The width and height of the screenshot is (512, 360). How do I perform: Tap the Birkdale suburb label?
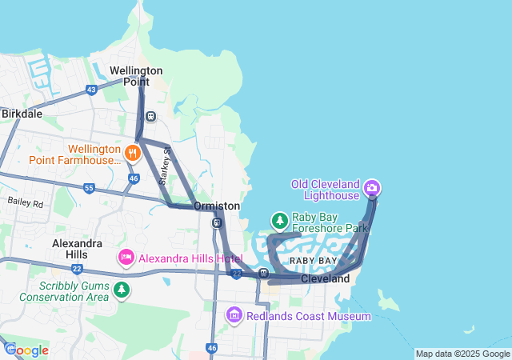click(x=22, y=114)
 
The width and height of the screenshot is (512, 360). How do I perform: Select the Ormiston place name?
click(x=216, y=206)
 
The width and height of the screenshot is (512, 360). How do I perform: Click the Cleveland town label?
click(x=325, y=279)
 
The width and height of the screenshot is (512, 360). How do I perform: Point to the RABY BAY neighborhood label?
click(x=314, y=262)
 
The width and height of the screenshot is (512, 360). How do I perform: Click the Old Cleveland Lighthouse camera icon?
click(x=371, y=189)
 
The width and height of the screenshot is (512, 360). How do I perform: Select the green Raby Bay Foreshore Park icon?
click(x=279, y=219)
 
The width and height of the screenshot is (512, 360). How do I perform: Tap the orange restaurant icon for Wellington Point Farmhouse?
click(x=133, y=151)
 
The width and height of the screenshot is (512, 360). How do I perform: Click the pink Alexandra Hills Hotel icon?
click(x=126, y=258)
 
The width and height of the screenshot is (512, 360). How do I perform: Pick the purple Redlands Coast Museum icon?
click(x=234, y=316)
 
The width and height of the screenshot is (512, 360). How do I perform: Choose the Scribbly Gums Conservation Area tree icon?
click(x=121, y=290)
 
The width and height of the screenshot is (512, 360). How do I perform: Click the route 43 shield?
click(x=91, y=90)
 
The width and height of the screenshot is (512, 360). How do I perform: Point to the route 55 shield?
click(x=88, y=188)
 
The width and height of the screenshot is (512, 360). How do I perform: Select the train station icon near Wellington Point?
click(x=150, y=116)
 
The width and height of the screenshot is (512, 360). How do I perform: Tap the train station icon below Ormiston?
click(x=217, y=222)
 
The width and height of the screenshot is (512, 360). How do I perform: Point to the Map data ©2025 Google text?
click(x=462, y=354)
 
